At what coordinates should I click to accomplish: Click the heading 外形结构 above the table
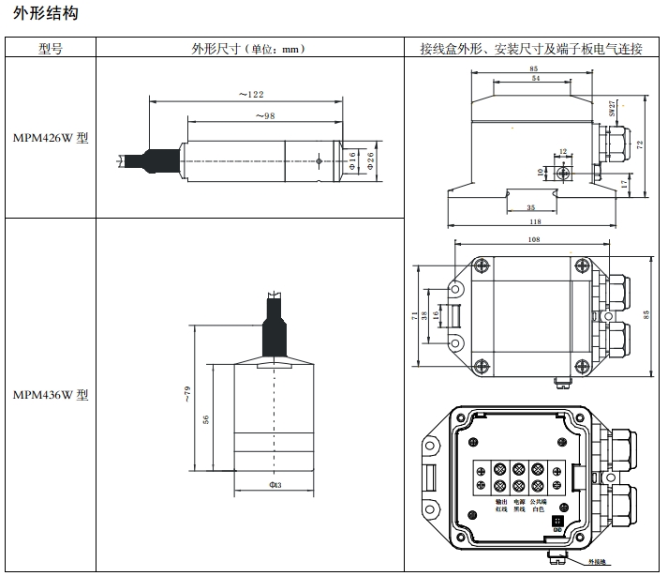coord(46,14)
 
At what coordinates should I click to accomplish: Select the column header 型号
coord(51,49)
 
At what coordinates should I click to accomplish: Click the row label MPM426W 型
coord(51,137)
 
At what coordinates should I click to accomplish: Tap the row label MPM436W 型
coord(51,394)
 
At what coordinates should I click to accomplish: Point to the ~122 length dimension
coord(250,94)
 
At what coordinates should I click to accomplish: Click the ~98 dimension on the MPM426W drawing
coord(265,115)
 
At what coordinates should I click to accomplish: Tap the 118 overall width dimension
coord(534,221)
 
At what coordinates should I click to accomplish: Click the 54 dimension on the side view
coord(535,80)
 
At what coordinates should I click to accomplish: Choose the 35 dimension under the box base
coord(530,206)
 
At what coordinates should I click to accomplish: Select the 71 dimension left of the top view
coord(415,316)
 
